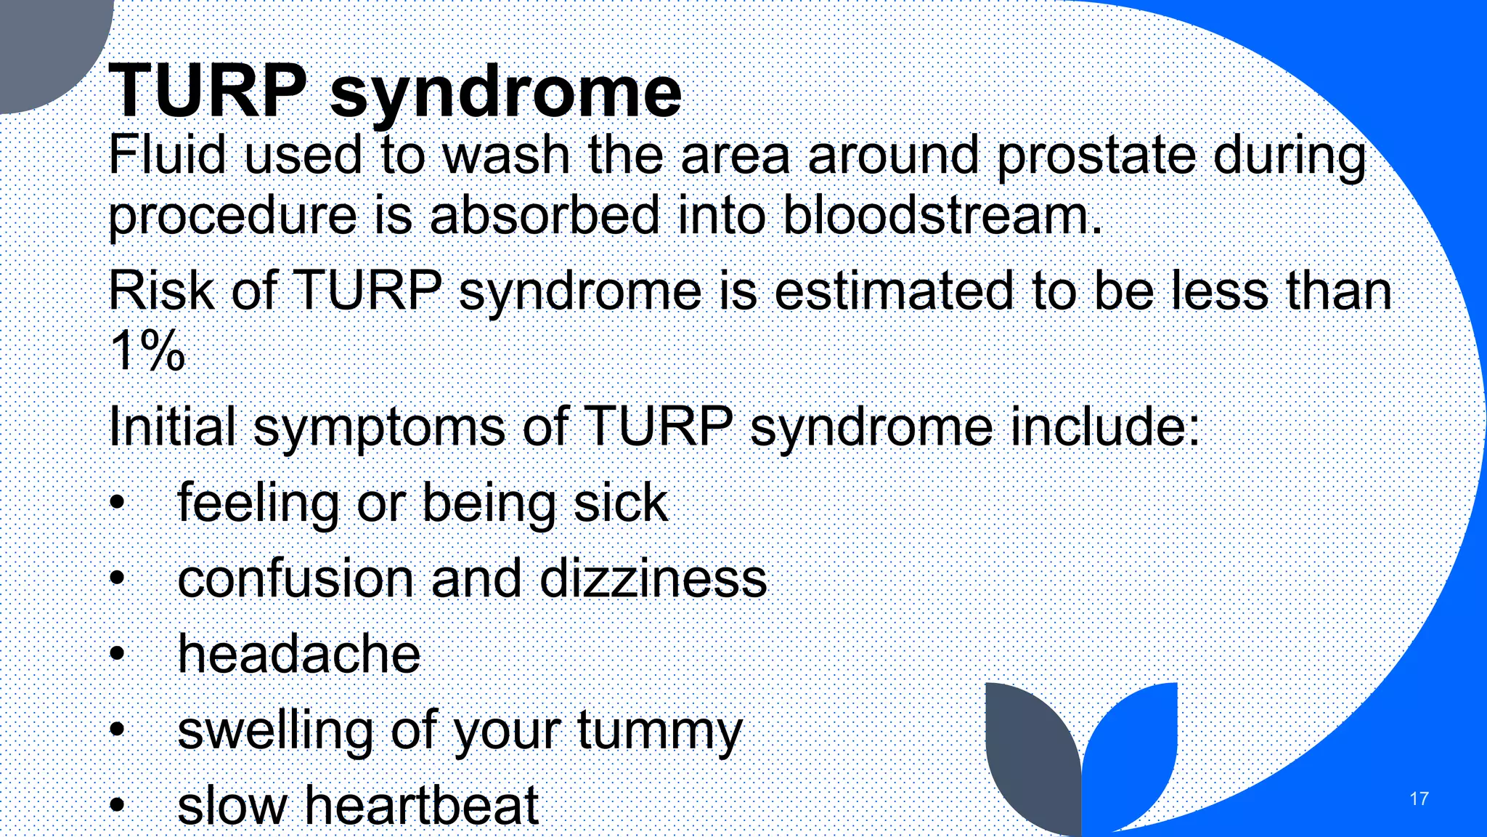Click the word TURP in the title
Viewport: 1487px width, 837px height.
[208, 91]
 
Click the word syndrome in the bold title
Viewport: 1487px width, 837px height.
[506, 93]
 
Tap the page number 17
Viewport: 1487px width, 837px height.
[1419, 798]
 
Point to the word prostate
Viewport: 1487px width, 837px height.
[1096, 156]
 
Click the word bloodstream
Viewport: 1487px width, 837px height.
[942, 216]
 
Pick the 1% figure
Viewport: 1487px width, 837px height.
[147, 351]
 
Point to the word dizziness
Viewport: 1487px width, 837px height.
[653, 579]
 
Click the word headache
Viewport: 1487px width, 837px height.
[299, 654]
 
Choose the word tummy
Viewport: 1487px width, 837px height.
[659, 731]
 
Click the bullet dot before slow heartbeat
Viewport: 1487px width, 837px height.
[118, 805]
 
